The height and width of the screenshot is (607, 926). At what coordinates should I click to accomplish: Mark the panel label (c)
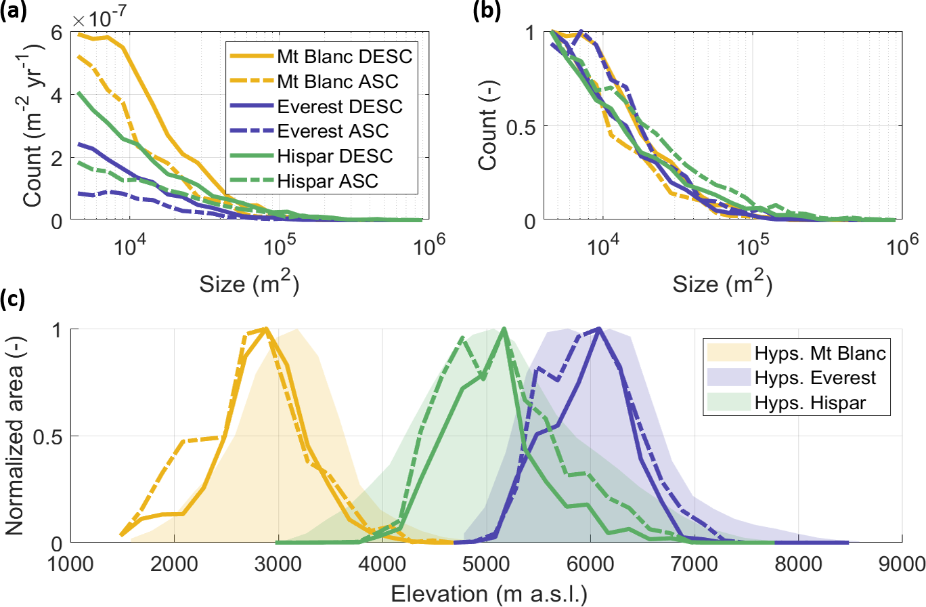pos(12,298)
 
